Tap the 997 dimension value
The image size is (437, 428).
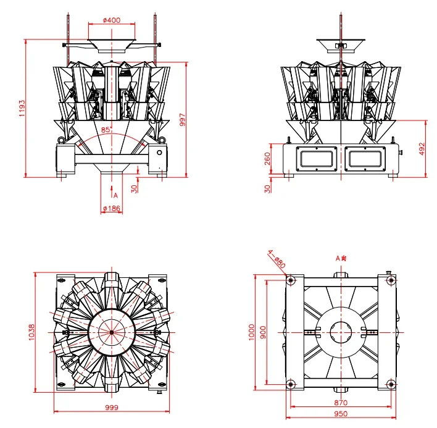pos(182,119)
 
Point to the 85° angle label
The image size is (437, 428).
pos(106,130)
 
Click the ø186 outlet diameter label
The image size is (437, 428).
pos(111,209)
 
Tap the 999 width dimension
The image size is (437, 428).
pos(110,408)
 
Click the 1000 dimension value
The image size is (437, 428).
pos(251,332)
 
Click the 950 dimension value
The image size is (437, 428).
pos(339,414)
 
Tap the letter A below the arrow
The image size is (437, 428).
pos(115,195)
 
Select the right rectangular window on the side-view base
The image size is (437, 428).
pos(365,159)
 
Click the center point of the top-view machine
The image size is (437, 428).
pos(111,332)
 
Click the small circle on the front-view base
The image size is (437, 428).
pos(159,153)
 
